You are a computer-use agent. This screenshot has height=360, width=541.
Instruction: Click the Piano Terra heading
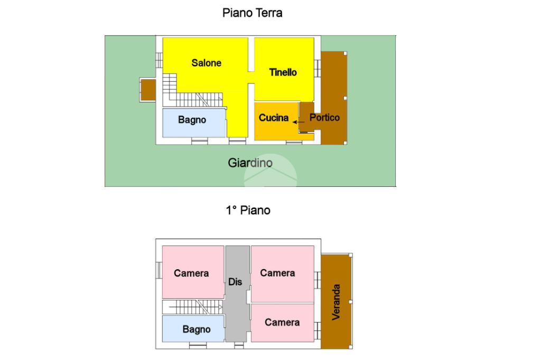click(252, 13)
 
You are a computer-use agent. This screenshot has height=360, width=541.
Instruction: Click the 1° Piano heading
click(248, 210)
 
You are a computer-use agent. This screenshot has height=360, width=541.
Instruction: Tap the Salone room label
click(206, 63)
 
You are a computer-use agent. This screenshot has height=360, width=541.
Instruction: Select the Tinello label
click(283, 72)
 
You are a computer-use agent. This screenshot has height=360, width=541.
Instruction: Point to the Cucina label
click(273, 118)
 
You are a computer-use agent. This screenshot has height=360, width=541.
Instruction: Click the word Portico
click(324, 118)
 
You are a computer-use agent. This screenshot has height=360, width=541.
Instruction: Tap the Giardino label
click(250, 163)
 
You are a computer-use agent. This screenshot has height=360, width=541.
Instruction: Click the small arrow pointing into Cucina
click(299, 122)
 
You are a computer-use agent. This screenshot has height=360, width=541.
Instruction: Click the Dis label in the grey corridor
click(235, 282)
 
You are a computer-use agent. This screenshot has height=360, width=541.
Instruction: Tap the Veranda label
click(337, 302)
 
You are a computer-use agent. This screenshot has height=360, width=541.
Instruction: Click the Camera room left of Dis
click(191, 272)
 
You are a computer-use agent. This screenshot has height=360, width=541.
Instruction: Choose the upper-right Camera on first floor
click(277, 272)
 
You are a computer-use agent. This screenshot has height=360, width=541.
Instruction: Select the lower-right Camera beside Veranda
click(282, 322)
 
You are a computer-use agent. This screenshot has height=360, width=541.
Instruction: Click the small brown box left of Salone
click(147, 89)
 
